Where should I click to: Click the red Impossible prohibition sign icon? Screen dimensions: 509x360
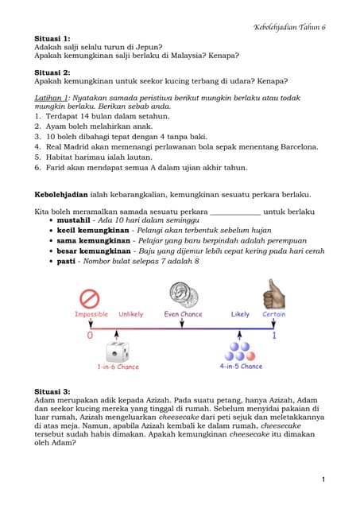[x=90, y=298]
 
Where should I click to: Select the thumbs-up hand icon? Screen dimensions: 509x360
[x=274, y=294]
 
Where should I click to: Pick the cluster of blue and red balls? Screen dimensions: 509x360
[x=239, y=351]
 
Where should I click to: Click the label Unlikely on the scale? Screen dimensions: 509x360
[x=131, y=315]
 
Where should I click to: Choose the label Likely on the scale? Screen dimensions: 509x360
[x=240, y=315]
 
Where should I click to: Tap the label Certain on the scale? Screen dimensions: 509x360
[x=274, y=315]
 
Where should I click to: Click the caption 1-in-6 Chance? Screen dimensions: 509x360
[x=118, y=367]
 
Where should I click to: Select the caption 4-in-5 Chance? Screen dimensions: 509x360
[x=240, y=367]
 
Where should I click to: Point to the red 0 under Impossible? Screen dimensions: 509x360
[x=89, y=335]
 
